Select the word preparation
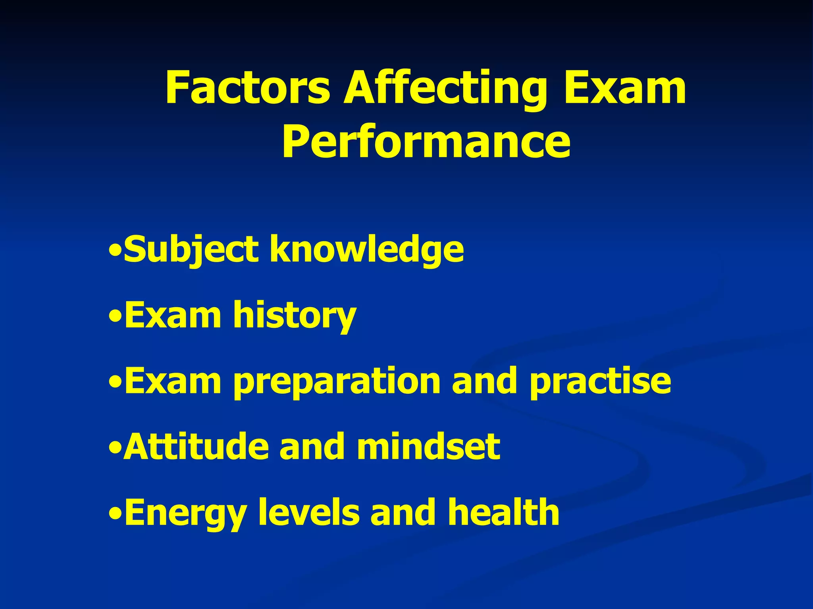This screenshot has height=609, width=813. pyautogui.click(x=337, y=381)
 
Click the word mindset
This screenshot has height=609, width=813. pyautogui.click(x=428, y=447)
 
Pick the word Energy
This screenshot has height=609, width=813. pyautogui.click(x=185, y=513)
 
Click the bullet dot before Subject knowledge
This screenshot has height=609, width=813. pyautogui.click(x=115, y=251)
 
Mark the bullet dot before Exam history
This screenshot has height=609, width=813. pyautogui.click(x=115, y=317)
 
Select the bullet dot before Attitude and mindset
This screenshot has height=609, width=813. pyautogui.click(x=115, y=449)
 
